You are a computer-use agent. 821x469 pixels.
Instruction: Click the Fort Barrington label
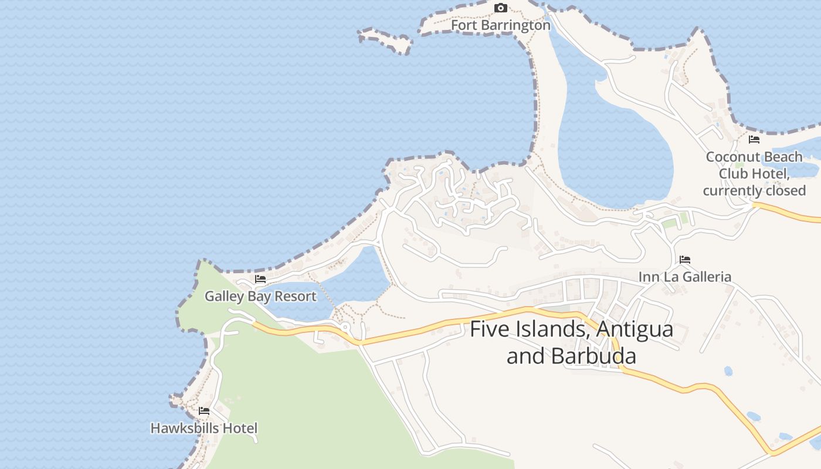pos(500,26)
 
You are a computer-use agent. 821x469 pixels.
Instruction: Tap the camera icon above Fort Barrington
pos(500,8)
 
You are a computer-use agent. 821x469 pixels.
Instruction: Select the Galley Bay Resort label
pos(260,297)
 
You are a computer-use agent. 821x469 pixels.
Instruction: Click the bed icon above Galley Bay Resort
pos(260,279)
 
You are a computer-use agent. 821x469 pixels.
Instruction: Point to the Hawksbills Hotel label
pos(203,429)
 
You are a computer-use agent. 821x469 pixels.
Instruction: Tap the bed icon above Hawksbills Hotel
pos(204,411)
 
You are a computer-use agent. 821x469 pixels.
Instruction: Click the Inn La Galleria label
pos(684,277)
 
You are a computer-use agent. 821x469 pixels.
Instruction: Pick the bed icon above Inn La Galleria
pos(684,259)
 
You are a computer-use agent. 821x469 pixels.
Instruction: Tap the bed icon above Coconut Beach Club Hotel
pos(754,140)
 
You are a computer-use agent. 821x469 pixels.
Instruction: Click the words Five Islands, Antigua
pos(571,329)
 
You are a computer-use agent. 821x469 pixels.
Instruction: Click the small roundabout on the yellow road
pos(345,327)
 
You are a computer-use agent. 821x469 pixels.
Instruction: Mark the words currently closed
pos(754,191)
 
